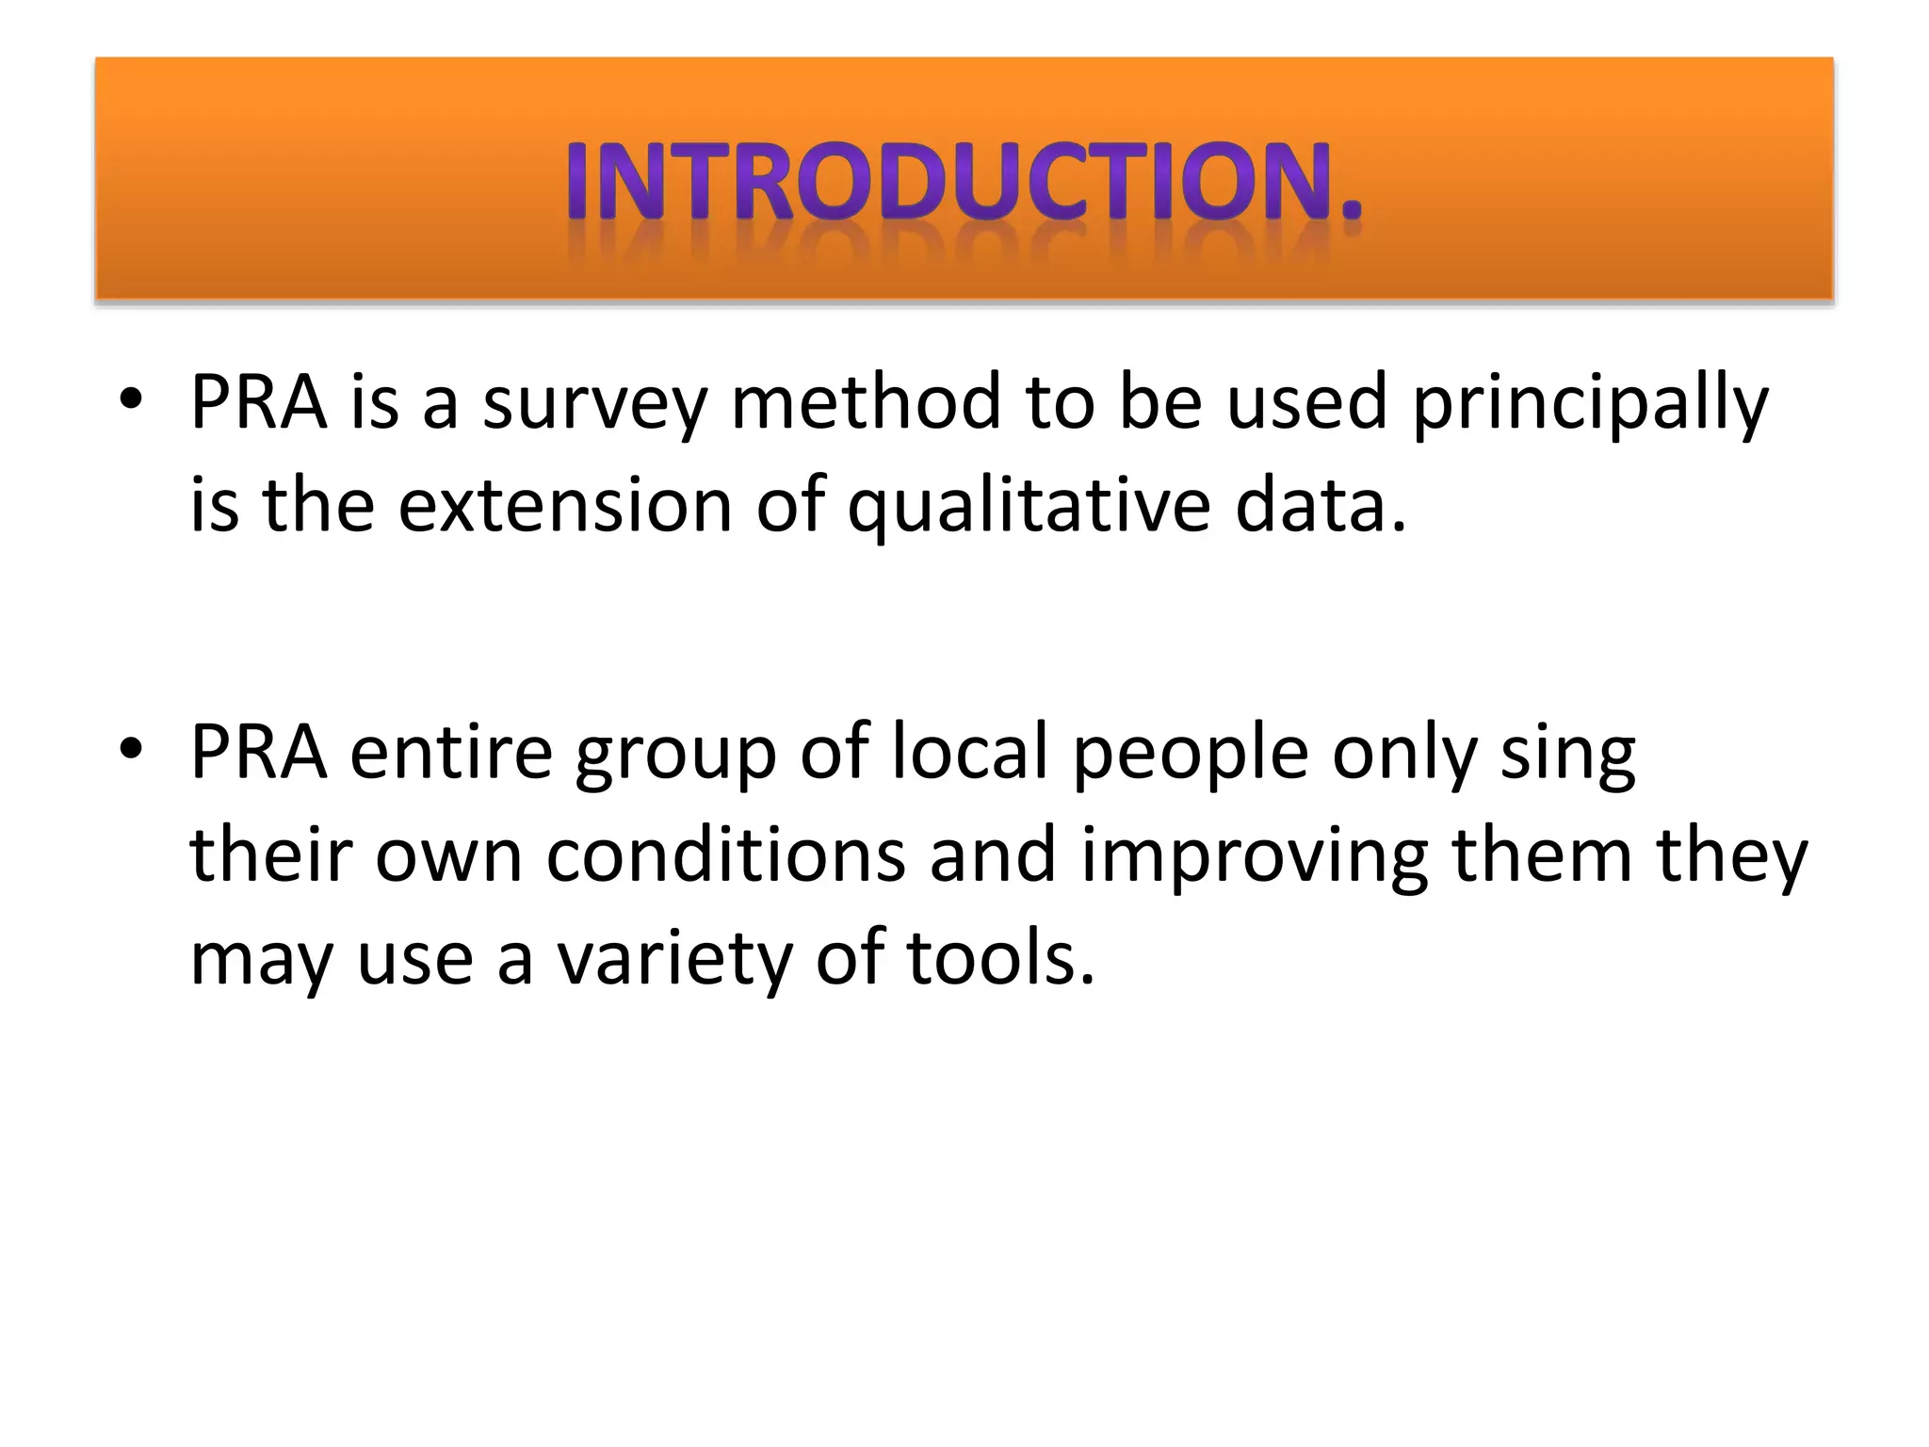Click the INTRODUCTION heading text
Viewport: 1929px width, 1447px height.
tap(964, 181)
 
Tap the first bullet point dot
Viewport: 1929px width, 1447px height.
tap(131, 399)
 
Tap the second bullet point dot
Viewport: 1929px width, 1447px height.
tap(131, 749)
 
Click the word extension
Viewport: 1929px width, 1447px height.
tap(564, 506)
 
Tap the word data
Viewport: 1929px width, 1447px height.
tap(1319, 506)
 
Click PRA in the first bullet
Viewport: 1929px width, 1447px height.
tap(258, 402)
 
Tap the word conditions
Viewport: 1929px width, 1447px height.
tap(725, 855)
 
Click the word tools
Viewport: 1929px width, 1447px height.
tap(1000, 958)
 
